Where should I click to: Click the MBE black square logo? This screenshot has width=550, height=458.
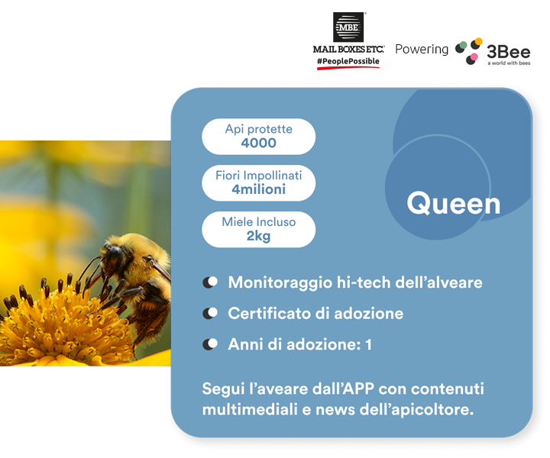[348, 27]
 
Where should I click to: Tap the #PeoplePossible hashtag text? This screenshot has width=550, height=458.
[348, 61]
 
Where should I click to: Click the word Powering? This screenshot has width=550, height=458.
[422, 50]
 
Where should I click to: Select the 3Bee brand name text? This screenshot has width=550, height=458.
[508, 52]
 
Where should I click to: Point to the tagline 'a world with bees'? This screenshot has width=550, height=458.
[509, 63]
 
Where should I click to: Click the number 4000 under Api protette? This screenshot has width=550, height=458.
[258, 143]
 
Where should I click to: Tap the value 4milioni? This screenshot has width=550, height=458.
[258, 189]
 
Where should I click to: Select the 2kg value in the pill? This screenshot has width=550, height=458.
[258, 236]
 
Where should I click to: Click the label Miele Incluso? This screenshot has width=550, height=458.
[258, 222]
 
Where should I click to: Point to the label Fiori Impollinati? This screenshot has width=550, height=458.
[258, 176]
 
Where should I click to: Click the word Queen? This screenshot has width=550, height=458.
[453, 204]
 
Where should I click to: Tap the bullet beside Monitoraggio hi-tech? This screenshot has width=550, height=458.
[210, 282]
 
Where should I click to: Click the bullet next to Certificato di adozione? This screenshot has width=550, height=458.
[210, 313]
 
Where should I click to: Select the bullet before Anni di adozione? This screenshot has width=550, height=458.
[210, 344]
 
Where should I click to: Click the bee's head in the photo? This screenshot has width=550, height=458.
[113, 256]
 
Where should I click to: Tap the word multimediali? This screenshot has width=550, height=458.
[250, 409]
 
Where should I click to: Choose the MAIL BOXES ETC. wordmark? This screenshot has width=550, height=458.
[348, 49]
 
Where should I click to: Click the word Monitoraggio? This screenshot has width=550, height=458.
[280, 283]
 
